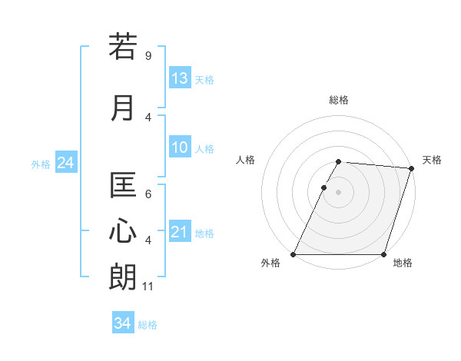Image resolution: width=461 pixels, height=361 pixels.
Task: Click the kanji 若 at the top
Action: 123,47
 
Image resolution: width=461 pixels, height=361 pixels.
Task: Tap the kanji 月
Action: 123,108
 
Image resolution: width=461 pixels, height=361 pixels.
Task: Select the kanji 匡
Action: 123,186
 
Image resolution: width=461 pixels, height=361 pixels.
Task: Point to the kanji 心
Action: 123,231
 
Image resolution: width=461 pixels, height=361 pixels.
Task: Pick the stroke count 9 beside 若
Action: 148,56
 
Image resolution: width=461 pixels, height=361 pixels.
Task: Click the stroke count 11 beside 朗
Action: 149,286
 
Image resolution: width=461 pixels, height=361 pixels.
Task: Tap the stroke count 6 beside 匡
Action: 148,195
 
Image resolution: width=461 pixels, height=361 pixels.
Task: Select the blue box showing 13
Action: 180,78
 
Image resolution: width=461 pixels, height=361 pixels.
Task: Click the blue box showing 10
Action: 180,147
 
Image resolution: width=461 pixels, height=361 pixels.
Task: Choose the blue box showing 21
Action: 180,232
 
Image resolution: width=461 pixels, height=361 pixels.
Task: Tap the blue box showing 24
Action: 65,163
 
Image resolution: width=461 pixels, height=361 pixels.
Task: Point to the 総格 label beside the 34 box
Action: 148,325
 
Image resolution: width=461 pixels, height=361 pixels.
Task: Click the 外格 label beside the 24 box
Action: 41,164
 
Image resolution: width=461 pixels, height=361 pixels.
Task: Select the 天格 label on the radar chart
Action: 433,160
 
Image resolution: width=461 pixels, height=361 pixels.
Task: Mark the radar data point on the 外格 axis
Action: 294,254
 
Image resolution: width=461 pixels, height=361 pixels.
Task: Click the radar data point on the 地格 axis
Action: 384,254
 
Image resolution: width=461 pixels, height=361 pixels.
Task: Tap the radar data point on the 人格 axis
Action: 323,187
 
